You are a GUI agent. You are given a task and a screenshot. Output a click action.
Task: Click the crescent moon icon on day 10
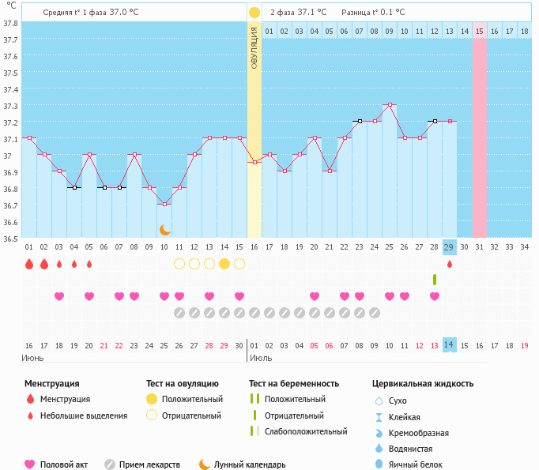(165, 230)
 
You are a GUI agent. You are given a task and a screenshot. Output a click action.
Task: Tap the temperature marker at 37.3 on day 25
(390, 104)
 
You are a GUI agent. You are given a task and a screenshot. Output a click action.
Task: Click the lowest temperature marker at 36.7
(165, 204)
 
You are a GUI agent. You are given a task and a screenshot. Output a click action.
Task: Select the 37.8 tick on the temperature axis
(10, 23)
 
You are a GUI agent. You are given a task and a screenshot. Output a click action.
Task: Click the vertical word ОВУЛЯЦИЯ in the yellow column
(254, 47)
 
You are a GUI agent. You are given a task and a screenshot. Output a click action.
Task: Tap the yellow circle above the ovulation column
(254, 13)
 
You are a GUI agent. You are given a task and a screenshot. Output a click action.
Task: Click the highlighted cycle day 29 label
(450, 247)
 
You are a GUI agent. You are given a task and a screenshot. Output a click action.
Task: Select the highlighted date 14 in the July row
(450, 345)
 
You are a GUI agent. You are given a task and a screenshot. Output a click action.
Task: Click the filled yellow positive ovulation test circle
(224, 264)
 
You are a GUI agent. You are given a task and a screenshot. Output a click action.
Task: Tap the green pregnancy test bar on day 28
(435, 280)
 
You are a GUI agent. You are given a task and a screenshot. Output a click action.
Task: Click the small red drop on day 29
(450, 264)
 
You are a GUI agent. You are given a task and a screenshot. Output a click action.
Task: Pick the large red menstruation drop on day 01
(29, 264)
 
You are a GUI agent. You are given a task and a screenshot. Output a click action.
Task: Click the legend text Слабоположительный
(306, 431)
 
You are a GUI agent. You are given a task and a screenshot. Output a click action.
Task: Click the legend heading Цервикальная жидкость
(423, 383)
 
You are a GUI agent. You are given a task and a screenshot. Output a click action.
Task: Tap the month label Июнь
(32, 358)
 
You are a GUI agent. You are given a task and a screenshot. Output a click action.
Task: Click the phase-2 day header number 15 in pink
(480, 31)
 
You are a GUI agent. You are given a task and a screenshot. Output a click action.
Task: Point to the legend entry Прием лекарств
(149, 464)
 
